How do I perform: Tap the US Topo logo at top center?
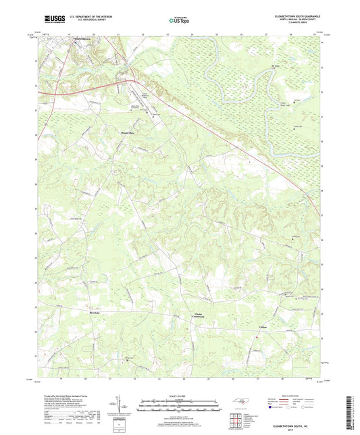point(178,21)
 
